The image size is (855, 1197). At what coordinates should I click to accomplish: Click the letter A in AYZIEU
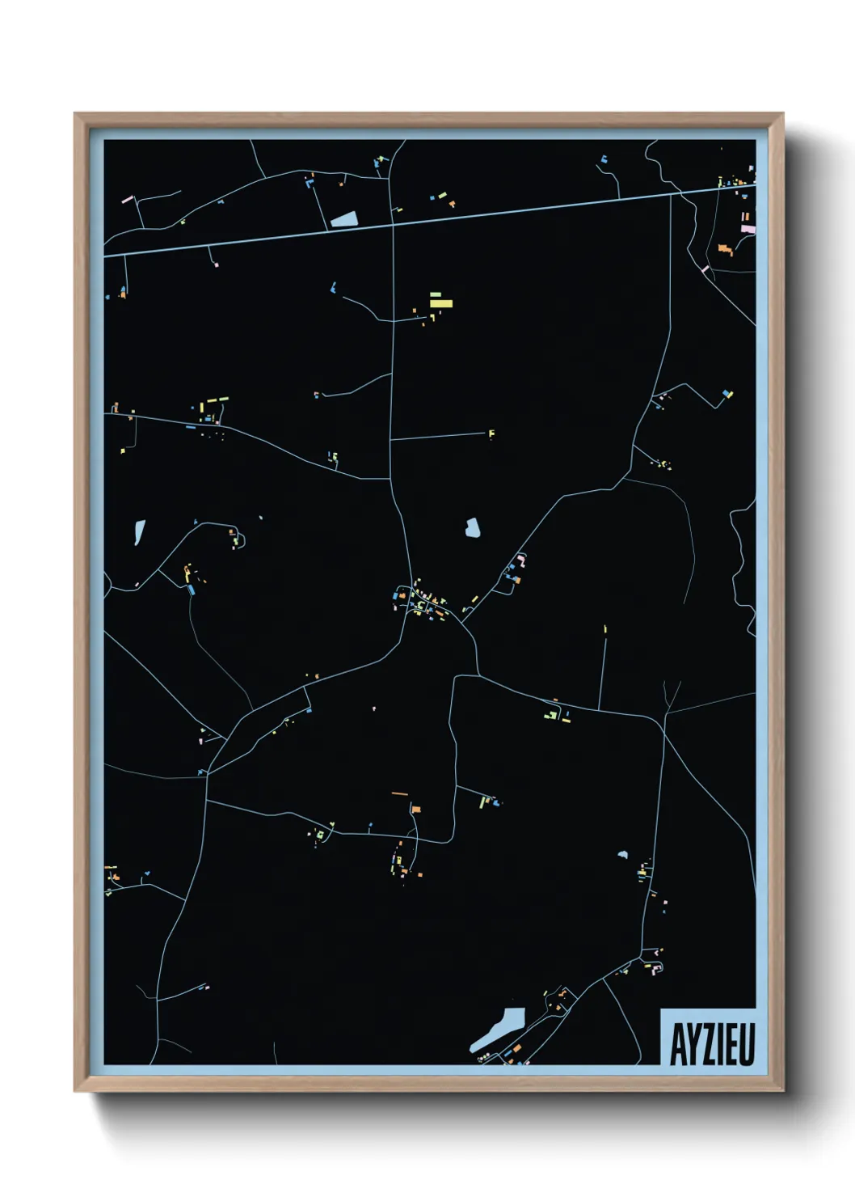click(677, 1045)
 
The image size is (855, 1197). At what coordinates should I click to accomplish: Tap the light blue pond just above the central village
click(473, 528)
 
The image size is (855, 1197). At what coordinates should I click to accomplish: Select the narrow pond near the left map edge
click(139, 532)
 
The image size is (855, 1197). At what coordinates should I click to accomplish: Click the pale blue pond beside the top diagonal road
click(343, 218)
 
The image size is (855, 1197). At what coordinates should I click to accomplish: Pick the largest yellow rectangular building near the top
click(440, 303)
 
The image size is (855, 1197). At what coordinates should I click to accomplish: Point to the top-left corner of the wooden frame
click(76, 115)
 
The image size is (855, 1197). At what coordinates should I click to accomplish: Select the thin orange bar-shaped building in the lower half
click(400, 794)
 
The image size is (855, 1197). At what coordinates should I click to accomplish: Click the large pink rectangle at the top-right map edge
click(748, 229)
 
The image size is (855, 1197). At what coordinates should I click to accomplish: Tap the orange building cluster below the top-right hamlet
click(725, 250)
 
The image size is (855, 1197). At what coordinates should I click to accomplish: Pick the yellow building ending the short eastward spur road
click(491, 434)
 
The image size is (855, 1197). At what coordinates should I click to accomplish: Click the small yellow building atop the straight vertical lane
click(605, 628)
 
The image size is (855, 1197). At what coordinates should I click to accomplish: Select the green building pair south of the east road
click(553, 715)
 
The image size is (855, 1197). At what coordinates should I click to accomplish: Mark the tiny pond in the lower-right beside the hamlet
click(622, 854)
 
